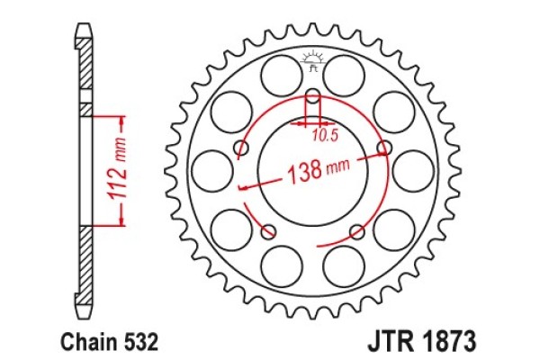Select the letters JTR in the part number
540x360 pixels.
pyautogui.click(x=389, y=343)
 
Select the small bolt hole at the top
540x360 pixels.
pyautogui.click(x=313, y=96)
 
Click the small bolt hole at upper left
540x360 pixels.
pyautogui.click(x=240, y=147)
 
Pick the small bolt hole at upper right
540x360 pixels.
pyautogui.click(x=385, y=148)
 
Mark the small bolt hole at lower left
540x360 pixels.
pyautogui.click(x=267, y=232)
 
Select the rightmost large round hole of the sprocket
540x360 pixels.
pyautogui.click(x=413, y=169)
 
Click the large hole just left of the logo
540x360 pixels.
pyautogui.click(x=278, y=75)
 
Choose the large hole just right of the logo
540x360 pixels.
pyautogui.click(x=347, y=75)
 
